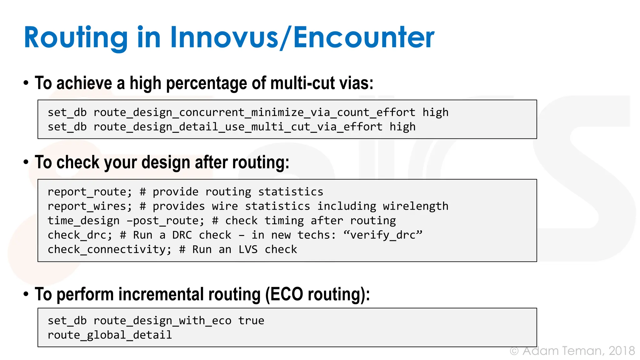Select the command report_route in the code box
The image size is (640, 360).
point(89,192)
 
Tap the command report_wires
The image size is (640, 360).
point(89,206)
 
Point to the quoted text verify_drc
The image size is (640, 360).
point(383,235)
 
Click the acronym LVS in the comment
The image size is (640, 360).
point(248,249)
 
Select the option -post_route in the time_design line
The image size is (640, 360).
point(165,221)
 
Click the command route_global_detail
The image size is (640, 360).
point(110,335)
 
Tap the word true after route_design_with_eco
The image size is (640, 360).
point(251,321)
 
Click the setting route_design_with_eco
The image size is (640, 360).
point(162,321)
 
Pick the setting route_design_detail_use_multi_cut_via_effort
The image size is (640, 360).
point(238,127)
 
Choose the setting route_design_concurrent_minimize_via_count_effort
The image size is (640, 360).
point(254,112)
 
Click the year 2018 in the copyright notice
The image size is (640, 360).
point(622,351)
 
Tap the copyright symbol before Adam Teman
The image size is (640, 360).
point(514,351)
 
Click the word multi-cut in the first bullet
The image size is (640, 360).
point(298,83)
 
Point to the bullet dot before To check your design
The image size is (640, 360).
point(26,162)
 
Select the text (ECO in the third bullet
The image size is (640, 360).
point(284,294)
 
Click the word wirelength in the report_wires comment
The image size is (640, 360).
point(416,206)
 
